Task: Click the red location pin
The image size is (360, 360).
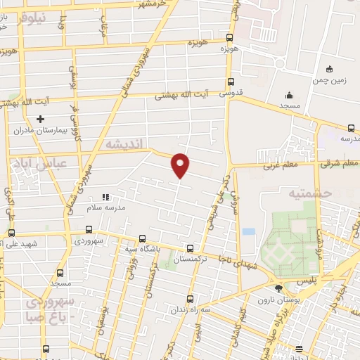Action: (181, 165)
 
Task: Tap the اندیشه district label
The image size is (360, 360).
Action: (124, 144)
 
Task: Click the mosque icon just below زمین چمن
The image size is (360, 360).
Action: (289, 96)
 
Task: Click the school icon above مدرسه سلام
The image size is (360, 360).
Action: (106, 198)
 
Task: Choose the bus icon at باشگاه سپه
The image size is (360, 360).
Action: (143, 238)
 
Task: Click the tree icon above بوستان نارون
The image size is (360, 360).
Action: (279, 288)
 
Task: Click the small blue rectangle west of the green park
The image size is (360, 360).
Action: (248, 231)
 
